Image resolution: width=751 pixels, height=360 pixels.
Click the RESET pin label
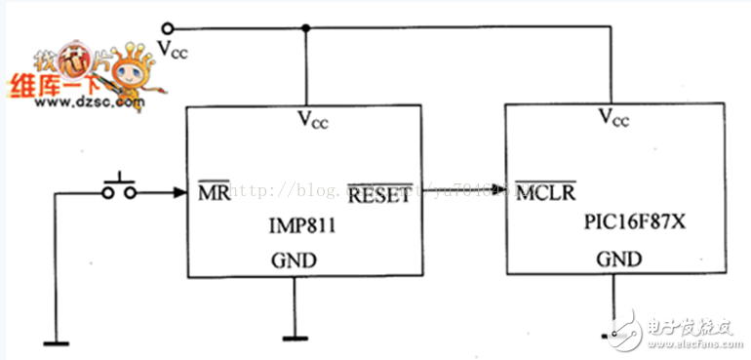[x=379, y=194]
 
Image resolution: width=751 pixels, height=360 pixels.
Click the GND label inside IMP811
[x=293, y=262]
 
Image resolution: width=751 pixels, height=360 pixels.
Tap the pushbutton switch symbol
[x=120, y=188]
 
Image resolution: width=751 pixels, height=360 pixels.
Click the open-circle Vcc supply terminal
[x=167, y=29]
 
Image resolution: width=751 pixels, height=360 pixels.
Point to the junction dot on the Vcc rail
[x=307, y=29]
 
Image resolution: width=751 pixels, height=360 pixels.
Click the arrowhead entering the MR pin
[x=178, y=192]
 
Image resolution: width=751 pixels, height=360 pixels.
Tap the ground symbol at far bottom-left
[x=56, y=341]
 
